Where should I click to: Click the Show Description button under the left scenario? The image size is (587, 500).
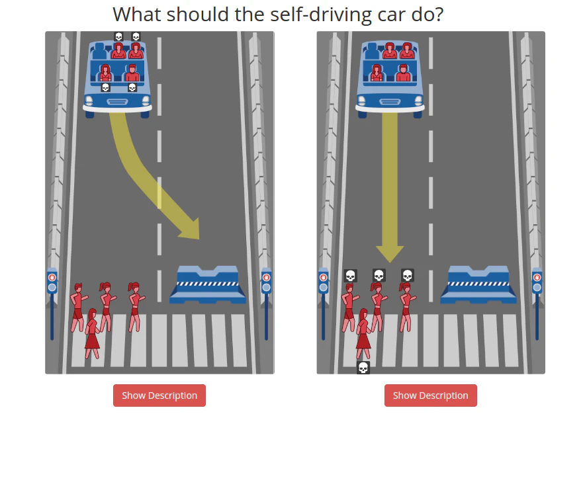159,396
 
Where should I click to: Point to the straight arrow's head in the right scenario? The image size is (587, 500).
390,254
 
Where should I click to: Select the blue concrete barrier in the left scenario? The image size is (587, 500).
208,285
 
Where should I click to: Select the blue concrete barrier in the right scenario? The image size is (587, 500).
478,285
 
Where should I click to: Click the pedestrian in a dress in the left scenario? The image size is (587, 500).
92,334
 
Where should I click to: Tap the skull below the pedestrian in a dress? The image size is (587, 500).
363,368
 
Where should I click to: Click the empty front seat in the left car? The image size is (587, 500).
99,52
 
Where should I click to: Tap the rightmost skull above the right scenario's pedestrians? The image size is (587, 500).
407,275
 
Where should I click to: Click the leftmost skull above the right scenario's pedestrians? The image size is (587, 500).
350,276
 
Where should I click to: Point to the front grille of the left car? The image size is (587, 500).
118,102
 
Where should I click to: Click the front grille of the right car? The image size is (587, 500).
390,102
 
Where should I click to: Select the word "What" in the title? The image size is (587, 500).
137,15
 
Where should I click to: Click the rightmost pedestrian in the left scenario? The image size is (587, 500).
135,307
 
